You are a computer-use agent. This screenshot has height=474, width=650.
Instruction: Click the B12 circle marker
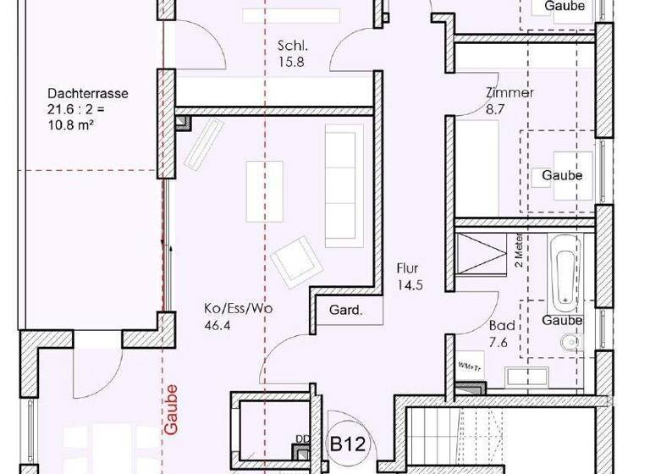348,443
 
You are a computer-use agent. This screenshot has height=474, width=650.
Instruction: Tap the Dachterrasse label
88,94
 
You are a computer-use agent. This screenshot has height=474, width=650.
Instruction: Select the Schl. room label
291,46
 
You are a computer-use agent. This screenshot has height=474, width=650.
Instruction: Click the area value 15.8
291,61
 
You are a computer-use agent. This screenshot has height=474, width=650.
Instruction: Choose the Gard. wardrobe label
345,311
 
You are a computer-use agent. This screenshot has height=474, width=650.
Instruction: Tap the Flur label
408,269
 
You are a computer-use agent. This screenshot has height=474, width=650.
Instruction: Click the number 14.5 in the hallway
410,285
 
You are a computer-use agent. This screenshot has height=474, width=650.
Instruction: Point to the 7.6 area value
498,342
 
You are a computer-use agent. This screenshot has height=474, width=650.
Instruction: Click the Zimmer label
510,93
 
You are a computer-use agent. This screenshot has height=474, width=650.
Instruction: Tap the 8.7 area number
497,109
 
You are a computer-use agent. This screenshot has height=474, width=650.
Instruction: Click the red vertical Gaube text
172,411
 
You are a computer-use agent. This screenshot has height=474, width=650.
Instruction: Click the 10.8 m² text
70,124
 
